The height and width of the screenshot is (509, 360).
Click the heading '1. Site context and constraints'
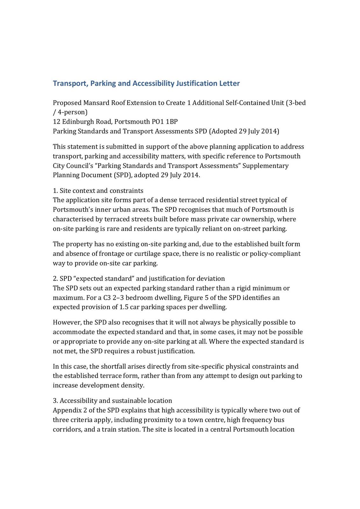98,191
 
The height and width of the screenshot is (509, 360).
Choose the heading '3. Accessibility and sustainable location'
112,401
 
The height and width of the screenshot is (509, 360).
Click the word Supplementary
265,166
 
